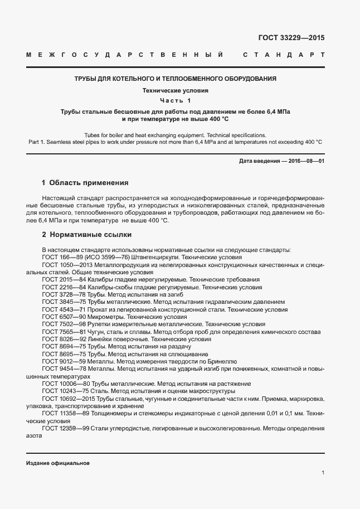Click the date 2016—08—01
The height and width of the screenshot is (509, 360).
[306, 161]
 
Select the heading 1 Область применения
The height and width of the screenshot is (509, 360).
[85, 182]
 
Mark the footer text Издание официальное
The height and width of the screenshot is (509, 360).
[57, 463]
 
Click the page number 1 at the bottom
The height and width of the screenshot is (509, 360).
[323, 473]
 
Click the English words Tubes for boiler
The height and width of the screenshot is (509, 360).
[105, 135]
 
